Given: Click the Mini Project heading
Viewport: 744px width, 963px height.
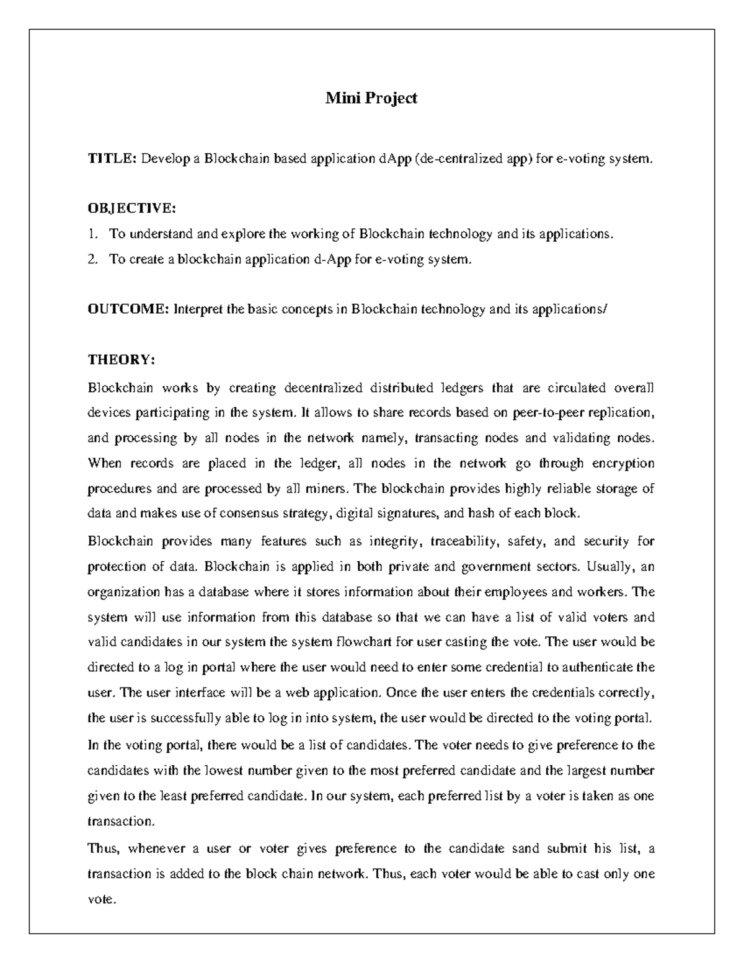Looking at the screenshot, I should pos(371,98).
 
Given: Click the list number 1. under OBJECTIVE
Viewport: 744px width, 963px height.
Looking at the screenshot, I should pos(93,234).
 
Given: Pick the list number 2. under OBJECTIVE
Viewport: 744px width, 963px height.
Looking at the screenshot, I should pos(93,259).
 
